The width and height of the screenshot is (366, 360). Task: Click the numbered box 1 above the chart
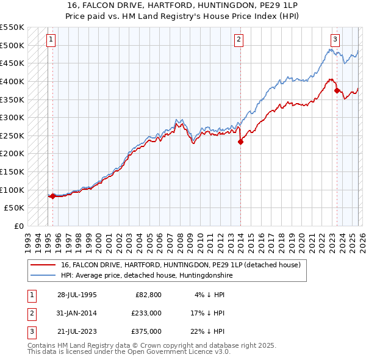51,40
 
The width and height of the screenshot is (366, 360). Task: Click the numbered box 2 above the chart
239,40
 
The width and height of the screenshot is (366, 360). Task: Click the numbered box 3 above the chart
335,40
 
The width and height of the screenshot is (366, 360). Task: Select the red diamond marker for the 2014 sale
240,142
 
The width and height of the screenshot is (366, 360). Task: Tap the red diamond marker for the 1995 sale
52,196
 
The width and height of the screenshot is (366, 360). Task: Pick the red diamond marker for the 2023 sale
337,90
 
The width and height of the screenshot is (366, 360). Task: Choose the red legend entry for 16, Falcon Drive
181,265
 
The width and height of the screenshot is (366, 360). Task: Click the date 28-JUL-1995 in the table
77,295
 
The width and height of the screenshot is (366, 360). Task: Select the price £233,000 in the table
146,313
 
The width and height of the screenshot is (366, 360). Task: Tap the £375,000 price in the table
146,331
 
